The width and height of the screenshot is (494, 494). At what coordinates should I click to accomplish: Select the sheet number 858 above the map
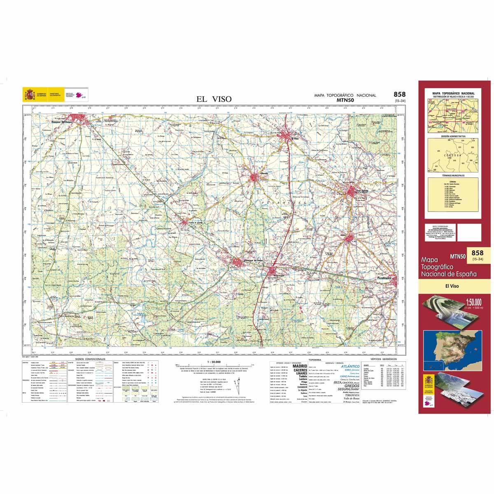tap(399, 94)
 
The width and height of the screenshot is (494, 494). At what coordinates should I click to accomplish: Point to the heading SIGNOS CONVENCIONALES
tap(88, 359)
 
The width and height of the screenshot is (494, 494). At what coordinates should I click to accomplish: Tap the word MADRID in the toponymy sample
tap(300, 366)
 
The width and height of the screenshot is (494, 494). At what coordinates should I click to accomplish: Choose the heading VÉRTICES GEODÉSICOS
tap(382, 359)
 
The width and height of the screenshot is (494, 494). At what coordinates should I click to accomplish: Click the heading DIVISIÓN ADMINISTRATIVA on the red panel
tap(452, 136)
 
